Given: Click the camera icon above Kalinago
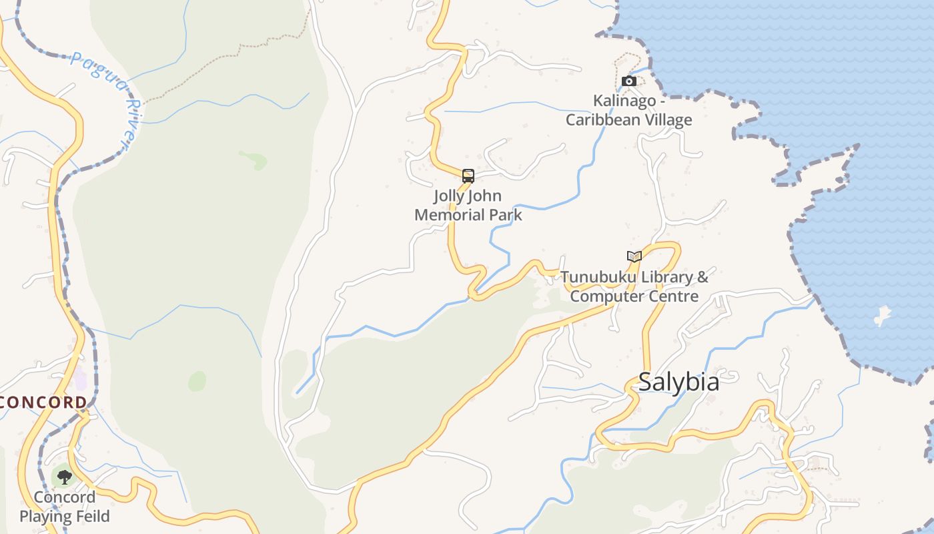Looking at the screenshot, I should pyautogui.click(x=628, y=81).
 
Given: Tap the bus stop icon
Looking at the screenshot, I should pyautogui.click(x=468, y=176).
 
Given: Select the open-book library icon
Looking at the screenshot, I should pyautogui.click(x=634, y=256).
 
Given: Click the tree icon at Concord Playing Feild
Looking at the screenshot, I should pyautogui.click(x=64, y=477).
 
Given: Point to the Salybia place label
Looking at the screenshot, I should pyautogui.click(x=678, y=382).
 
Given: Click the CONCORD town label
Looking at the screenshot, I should pyautogui.click(x=43, y=403).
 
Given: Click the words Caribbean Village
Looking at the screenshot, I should pyautogui.click(x=629, y=120).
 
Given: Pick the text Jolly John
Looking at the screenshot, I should pyautogui.click(x=468, y=196).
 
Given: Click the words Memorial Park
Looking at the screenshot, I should pyautogui.click(x=468, y=215).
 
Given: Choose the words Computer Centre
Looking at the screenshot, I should pyautogui.click(x=634, y=296).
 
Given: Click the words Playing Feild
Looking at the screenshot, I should pyautogui.click(x=64, y=516).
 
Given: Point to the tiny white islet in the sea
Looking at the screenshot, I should pyautogui.click(x=883, y=316).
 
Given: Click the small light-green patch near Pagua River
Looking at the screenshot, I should pyautogui.click(x=254, y=160).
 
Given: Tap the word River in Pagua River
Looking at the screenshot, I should pyautogui.click(x=130, y=123).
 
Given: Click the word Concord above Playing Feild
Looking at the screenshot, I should pyautogui.click(x=64, y=497).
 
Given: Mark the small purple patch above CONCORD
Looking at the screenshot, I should pyautogui.click(x=81, y=381).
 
